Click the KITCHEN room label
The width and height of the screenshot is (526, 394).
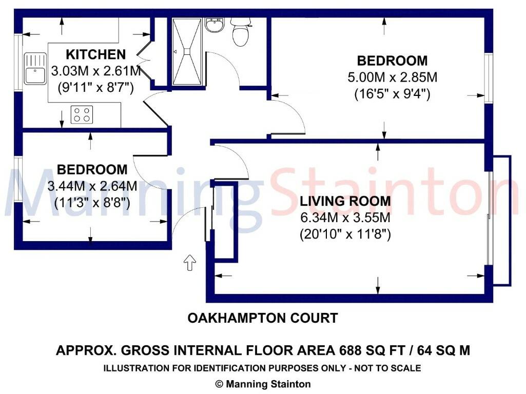coord(95,54)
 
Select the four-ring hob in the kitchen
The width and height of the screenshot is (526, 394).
coord(82,114)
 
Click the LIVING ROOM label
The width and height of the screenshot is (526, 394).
coord(345,201)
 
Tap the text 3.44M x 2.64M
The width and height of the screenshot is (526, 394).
coord(92,186)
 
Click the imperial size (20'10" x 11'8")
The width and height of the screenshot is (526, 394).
coord(345,234)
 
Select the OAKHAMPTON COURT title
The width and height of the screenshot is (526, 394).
coord(263,318)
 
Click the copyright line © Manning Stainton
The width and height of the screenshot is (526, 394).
coord(263,383)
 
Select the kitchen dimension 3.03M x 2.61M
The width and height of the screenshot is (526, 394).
coord(95,71)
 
